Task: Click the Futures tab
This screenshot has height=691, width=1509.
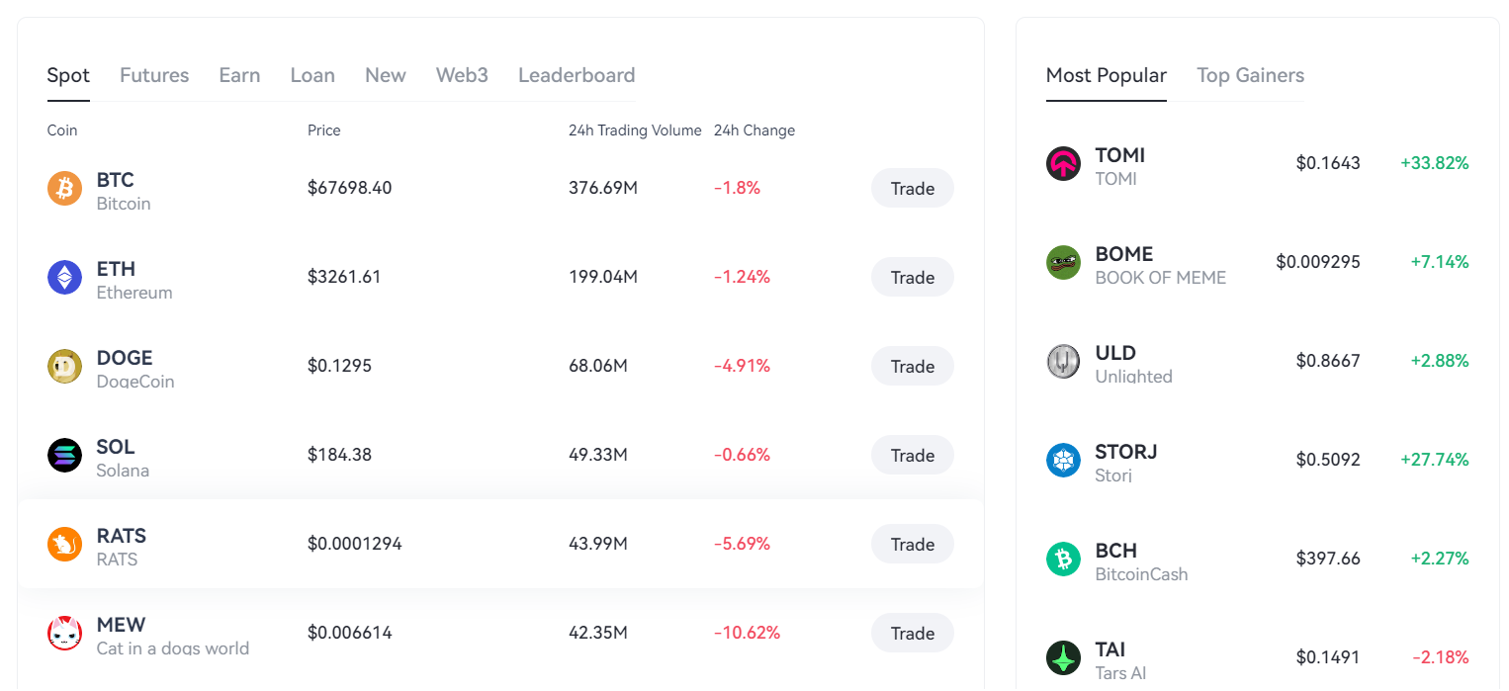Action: click(154, 75)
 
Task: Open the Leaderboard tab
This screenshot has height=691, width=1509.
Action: click(577, 75)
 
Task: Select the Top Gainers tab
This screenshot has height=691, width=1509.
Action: click(1250, 75)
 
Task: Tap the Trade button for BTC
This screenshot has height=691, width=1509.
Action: click(912, 188)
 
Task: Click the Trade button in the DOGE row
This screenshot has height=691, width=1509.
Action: click(912, 366)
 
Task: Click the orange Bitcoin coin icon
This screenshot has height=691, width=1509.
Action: click(65, 188)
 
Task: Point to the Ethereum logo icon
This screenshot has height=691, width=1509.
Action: click(65, 277)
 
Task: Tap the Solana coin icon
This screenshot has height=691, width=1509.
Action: click(65, 455)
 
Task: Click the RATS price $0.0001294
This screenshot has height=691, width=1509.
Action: click(354, 544)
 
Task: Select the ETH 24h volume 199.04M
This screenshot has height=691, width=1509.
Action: click(603, 277)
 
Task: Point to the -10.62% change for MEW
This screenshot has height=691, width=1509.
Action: click(747, 633)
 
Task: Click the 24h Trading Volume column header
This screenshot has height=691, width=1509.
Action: click(635, 130)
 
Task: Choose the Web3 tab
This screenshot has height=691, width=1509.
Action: click(462, 75)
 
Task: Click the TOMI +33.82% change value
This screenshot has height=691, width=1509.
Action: click(1434, 163)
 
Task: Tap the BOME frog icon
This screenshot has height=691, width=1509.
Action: click(1063, 262)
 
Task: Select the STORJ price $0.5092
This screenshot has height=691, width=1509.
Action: click(1328, 460)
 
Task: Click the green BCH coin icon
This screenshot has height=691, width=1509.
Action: click(1063, 559)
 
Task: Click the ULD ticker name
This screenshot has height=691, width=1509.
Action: click(1115, 353)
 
